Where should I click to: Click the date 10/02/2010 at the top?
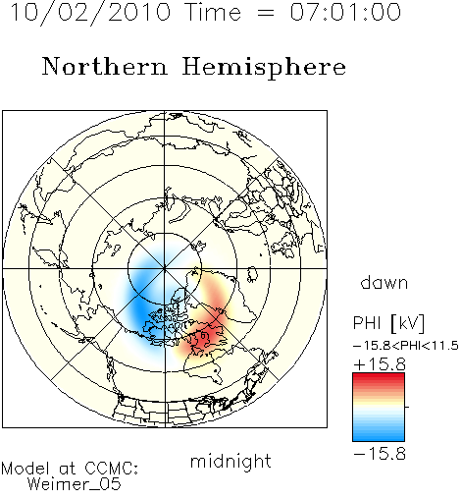pos(90,13)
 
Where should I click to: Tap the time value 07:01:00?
pos(345,12)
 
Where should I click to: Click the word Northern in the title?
pos(105,67)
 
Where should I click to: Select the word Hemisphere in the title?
pos(264,68)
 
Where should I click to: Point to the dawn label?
pos(384,282)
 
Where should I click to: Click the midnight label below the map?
pos(230,461)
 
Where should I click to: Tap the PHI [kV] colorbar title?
pos(388,323)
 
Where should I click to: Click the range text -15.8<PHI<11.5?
pos(406,346)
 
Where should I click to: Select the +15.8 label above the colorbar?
pos(380,364)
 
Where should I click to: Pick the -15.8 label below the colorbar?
pos(380,454)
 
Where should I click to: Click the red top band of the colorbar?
pos(379,377)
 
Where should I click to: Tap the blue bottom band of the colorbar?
pos(379,437)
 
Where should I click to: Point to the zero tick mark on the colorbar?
pos(407,407)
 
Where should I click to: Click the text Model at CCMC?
pos(70,469)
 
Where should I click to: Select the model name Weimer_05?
pos(75,484)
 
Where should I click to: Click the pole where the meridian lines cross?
pos(165,269)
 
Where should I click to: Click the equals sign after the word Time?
pos(266,13)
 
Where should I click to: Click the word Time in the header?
pos(213,13)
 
